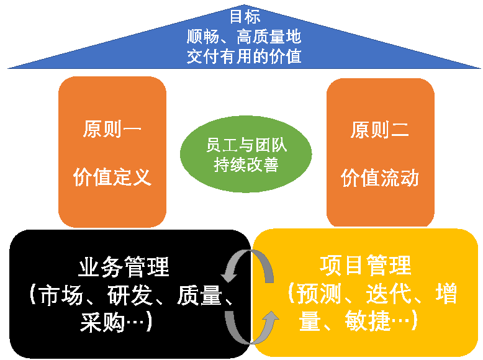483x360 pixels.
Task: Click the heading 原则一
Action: coord(112,130)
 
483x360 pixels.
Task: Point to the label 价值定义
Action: coord(112,178)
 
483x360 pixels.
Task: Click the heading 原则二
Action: coord(379,130)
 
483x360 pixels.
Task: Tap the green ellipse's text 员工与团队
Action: coord(246,145)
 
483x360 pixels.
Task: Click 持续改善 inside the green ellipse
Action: coord(246,165)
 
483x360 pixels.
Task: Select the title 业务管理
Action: coord(124,267)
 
